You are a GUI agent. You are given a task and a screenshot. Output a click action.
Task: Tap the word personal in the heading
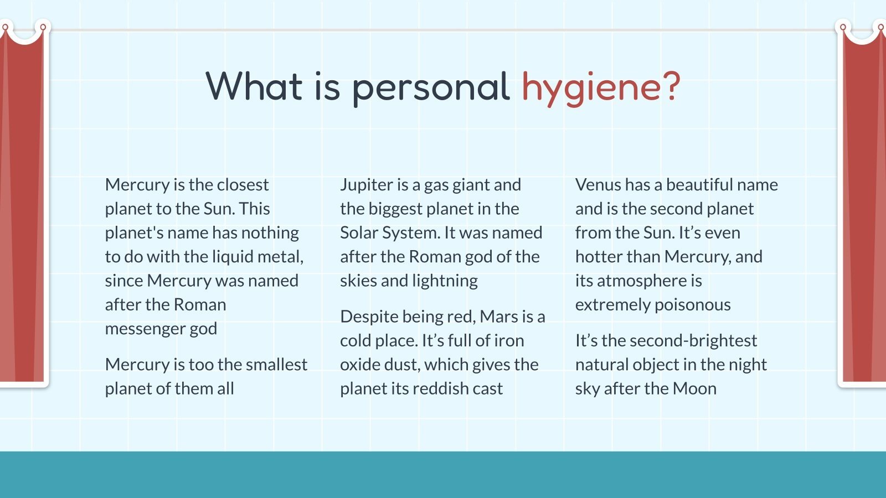point(431,87)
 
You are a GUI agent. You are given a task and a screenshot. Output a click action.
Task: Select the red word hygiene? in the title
point(601,87)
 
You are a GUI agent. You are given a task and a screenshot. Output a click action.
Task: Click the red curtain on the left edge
point(22,210)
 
